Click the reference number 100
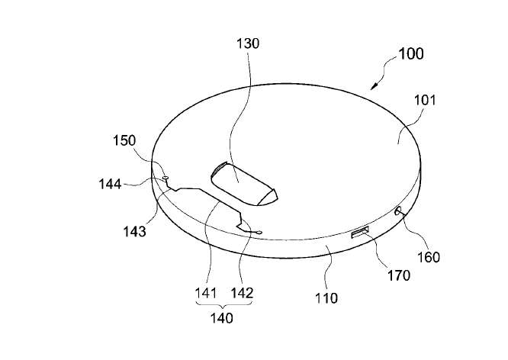point(410,54)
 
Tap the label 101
point(425,101)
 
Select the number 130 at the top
point(248,43)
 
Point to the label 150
point(124,141)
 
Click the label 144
point(110,184)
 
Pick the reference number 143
point(134,231)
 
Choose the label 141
point(205,293)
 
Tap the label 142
point(242,293)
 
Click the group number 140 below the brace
point(222,318)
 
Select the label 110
point(326,298)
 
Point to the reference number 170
point(399,275)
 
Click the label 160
point(429,257)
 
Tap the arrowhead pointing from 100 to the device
point(375,86)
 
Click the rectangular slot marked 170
point(360,233)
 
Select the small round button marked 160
point(397,211)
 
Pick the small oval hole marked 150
point(166,177)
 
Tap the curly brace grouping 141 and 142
point(223,304)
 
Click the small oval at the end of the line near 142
point(259,232)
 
